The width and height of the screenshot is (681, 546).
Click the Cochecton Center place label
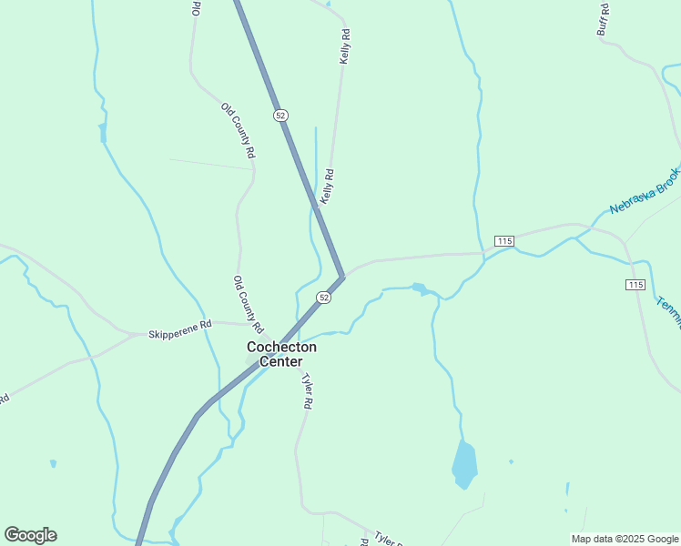pos(282,354)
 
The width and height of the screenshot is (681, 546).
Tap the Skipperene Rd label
pos(180,325)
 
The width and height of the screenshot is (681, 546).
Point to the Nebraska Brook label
pos(645,189)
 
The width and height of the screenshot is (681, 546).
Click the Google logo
pos(30,534)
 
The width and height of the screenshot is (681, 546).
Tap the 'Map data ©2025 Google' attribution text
pos(625,539)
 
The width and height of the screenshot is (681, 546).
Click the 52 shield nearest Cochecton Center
pos(323,298)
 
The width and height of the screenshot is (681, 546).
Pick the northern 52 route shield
pos(280,115)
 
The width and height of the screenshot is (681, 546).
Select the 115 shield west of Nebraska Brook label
pos(505,240)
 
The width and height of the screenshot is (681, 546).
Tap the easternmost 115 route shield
pos(636,285)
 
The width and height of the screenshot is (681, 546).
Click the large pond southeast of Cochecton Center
pos(464,464)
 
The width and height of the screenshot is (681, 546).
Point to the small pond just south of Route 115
pos(419,289)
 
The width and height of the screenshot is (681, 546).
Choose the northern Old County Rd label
pos(237,132)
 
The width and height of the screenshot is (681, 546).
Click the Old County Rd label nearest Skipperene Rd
pos(248,304)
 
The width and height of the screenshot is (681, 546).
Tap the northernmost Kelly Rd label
pos(345,46)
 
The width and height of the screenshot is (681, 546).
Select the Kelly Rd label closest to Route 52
pos(328,187)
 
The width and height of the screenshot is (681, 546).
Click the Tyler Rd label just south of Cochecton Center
pos(308,392)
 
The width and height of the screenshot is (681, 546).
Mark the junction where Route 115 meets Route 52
pos(343,276)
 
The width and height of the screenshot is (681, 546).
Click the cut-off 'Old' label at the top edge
pos(196,8)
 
